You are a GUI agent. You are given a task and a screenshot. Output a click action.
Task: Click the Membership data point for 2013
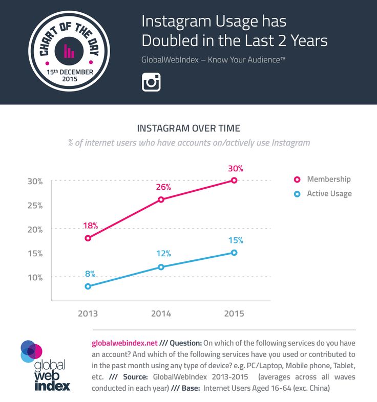88,238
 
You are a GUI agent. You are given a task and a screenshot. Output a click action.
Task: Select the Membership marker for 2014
161,199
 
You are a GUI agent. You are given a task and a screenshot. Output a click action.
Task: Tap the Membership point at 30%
234,180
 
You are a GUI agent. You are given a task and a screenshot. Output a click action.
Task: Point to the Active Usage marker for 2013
88,286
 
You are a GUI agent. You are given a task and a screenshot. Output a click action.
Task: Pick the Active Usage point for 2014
161,267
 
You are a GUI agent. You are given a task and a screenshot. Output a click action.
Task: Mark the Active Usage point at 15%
234,252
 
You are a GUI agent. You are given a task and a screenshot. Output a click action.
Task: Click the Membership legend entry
328,179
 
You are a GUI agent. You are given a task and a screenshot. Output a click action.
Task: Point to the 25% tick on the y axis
35,205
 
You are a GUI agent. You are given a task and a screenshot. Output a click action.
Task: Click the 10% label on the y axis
35,277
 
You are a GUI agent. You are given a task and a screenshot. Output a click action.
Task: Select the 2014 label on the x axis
161,314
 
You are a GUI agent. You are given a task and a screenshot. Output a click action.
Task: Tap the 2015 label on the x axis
234,314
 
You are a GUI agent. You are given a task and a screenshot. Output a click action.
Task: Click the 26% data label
162,187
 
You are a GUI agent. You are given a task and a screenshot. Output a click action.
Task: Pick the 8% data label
89,274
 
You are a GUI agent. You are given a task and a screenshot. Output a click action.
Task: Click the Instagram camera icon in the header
151,82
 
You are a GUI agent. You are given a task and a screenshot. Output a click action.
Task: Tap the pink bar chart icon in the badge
69,51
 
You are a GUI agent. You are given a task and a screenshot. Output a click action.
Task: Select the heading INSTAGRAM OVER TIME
188,128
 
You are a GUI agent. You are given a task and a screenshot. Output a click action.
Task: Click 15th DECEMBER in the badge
69,72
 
